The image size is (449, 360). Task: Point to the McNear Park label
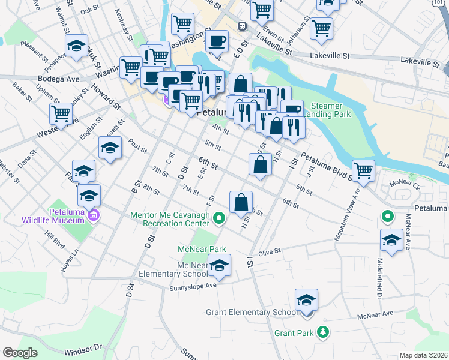tap(201, 249)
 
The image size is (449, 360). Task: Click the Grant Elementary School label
tap(252, 312)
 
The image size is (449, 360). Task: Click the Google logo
tap(20, 353)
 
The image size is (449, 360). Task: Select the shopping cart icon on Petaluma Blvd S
tap(364, 170)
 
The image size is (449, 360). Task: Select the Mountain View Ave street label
tap(347, 208)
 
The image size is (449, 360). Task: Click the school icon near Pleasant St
tap(76, 46)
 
